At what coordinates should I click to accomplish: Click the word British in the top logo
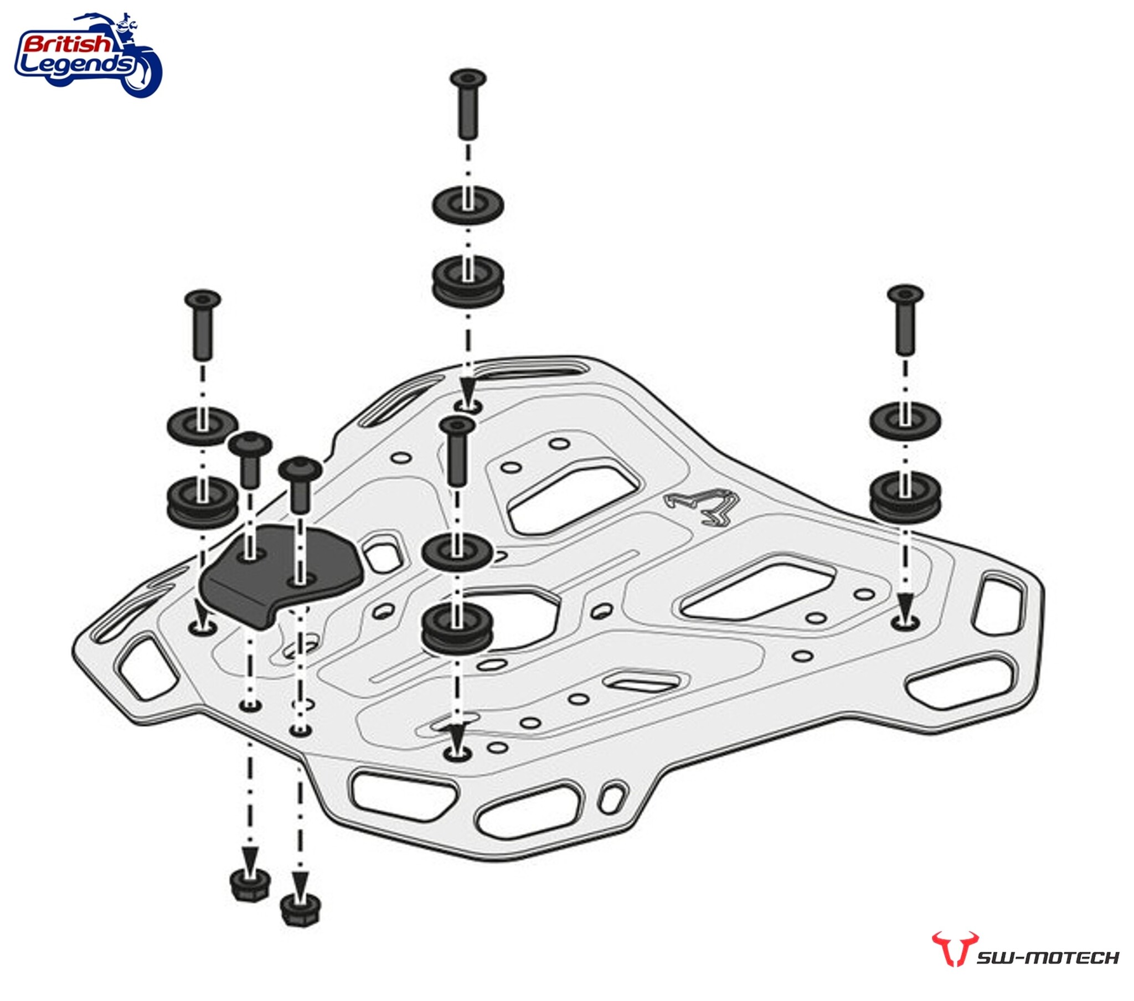coord(66,44)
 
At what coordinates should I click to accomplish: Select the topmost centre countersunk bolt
coord(468,102)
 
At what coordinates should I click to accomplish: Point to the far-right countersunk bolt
coord(905,319)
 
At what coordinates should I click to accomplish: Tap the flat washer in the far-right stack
coord(905,421)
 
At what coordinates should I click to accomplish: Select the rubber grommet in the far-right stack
coord(905,497)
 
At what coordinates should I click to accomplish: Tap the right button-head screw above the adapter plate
coord(300,483)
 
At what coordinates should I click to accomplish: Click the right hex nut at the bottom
coord(300,910)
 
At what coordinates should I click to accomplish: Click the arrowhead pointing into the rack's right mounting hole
coord(905,603)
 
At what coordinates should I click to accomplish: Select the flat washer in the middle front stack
coord(457,551)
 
